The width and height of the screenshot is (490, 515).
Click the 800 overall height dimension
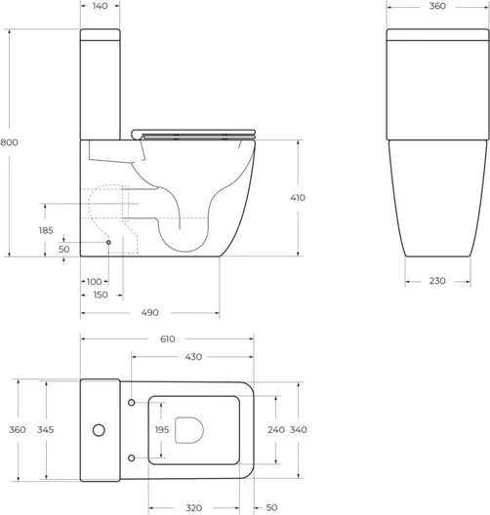9,142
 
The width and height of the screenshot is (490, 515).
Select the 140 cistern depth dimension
101,6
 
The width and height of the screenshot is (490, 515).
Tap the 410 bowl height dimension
298,198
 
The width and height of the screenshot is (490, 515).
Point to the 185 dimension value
46,230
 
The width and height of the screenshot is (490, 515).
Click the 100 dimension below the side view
94,282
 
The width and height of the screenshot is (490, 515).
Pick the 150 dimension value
101,295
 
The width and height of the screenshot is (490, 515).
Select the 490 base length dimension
150,312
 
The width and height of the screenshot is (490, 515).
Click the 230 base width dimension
437,281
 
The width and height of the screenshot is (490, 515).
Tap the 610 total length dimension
168,339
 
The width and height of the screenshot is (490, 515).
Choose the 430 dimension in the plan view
193,357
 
